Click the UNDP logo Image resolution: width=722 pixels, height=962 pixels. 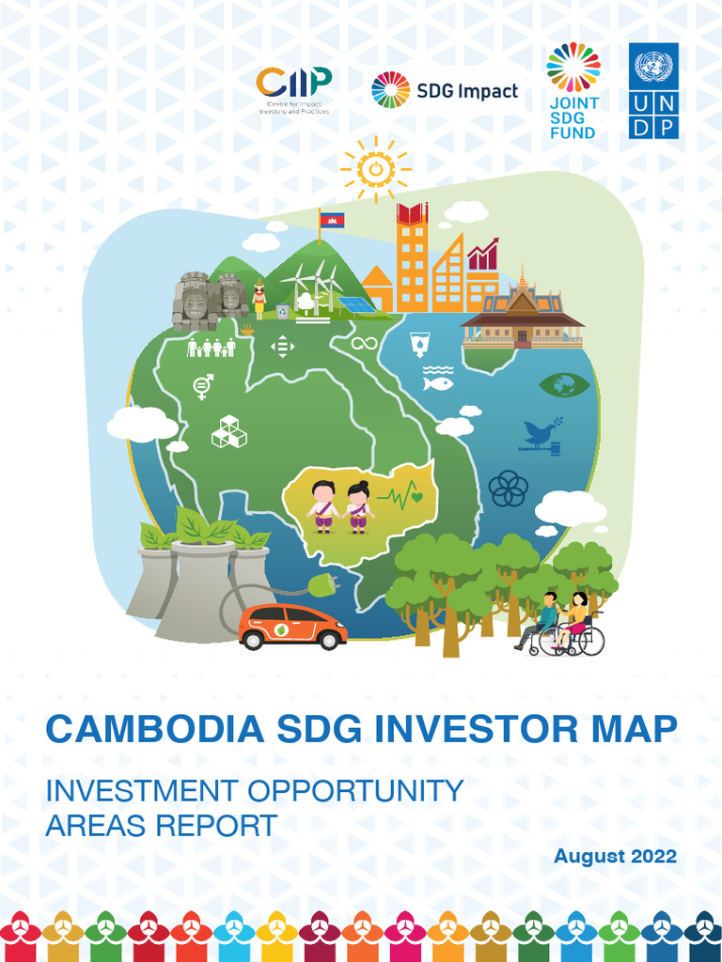[x=653, y=90]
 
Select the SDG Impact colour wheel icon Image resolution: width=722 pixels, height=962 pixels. [x=390, y=90]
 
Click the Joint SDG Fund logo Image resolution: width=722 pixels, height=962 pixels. [x=573, y=90]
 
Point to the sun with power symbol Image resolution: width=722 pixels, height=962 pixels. [x=375, y=170]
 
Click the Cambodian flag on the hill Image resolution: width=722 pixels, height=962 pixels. [x=332, y=220]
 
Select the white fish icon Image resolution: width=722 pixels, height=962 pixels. [x=438, y=382]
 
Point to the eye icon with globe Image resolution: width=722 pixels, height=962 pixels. [x=564, y=384]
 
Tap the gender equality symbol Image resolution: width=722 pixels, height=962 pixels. [x=202, y=385]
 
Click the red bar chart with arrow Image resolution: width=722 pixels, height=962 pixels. [x=482, y=255]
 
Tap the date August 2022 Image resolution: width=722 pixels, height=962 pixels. [x=615, y=856]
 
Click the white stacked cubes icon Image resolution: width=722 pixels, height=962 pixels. [x=228, y=431]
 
